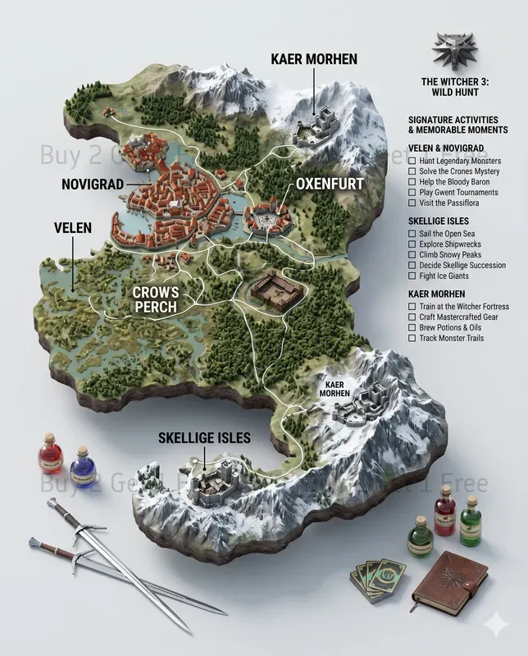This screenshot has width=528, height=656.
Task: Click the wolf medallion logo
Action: click(457, 52)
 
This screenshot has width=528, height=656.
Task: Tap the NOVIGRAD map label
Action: click(93, 184)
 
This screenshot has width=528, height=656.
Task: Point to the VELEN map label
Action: click(73, 226)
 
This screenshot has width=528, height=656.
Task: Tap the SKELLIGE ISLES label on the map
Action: click(204, 439)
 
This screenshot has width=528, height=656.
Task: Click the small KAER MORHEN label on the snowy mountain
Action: click(335, 387)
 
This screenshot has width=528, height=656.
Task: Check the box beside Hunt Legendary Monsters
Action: click(412, 162)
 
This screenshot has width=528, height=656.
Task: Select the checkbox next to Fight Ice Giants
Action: click(412, 277)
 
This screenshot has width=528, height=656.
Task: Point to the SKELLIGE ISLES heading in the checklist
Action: click(440, 221)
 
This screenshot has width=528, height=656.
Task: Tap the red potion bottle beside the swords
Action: click(51, 455)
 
